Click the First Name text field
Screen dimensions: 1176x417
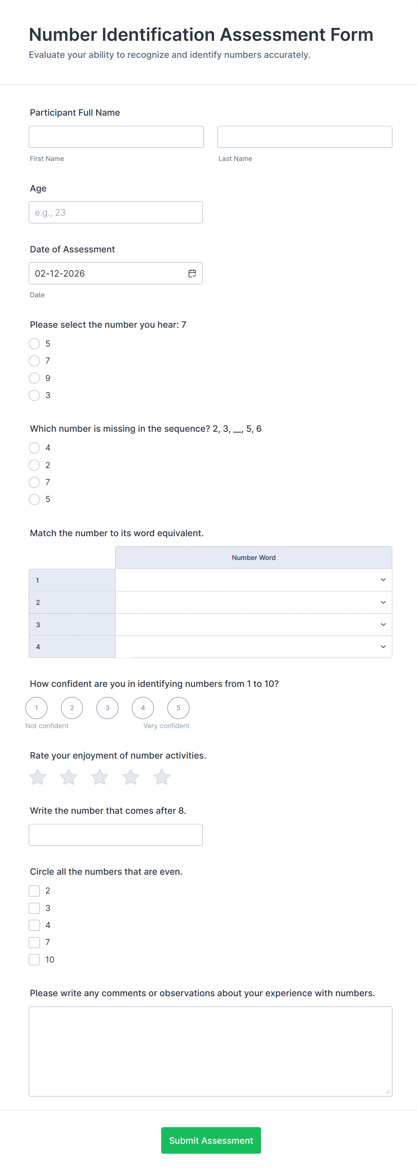pyautogui.click(x=116, y=137)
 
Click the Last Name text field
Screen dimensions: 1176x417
pyautogui.click(x=304, y=137)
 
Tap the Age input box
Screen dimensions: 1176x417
pyautogui.click(x=116, y=212)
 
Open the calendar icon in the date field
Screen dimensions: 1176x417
pyautogui.click(x=192, y=273)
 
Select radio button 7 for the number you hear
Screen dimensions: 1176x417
pyautogui.click(x=34, y=360)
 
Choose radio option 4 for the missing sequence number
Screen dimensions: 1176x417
pyautogui.click(x=34, y=448)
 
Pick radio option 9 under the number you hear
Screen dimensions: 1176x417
pyautogui.click(x=34, y=378)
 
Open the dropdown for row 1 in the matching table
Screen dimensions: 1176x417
pyautogui.click(x=253, y=580)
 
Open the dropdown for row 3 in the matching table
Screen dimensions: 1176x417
pyautogui.click(x=253, y=625)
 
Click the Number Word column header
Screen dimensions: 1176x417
pyautogui.click(x=253, y=557)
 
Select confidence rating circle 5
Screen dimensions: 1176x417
pyautogui.click(x=178, y=707)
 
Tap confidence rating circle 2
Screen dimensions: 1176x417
pyautogui.click(x=72, y=707)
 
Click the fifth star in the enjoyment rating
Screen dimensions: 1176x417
pyautogui.click(x=162, y=777)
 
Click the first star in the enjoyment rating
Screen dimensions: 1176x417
pyautogui.click(x=38, y=777)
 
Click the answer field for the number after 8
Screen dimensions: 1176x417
pyautogui.click(x=116, y=834)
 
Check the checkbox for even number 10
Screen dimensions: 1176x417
pyautogui.click(x=34, y=959)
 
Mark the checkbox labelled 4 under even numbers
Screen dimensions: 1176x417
pyautogui.click(x=34, y=925)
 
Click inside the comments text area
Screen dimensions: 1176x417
pyautogui.click(x=210, y=1051)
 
